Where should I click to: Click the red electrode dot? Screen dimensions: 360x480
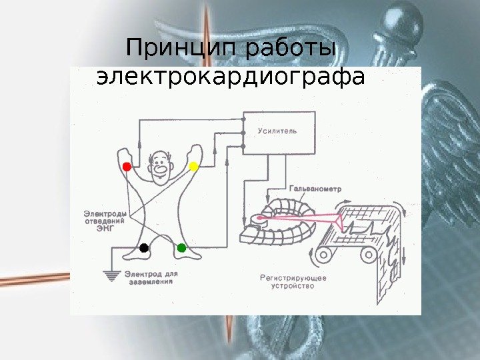click(127, 165)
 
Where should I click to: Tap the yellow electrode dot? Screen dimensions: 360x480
click(194, 165)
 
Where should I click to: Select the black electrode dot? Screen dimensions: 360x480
click(143, 249)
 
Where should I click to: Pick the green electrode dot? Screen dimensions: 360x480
click(181, 248)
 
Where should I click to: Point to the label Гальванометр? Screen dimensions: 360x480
click(316, 189)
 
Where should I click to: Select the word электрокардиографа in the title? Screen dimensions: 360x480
click(231, 77)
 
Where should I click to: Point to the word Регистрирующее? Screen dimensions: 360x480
click(292, 277)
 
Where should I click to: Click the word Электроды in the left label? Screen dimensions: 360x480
click(105, 214)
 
